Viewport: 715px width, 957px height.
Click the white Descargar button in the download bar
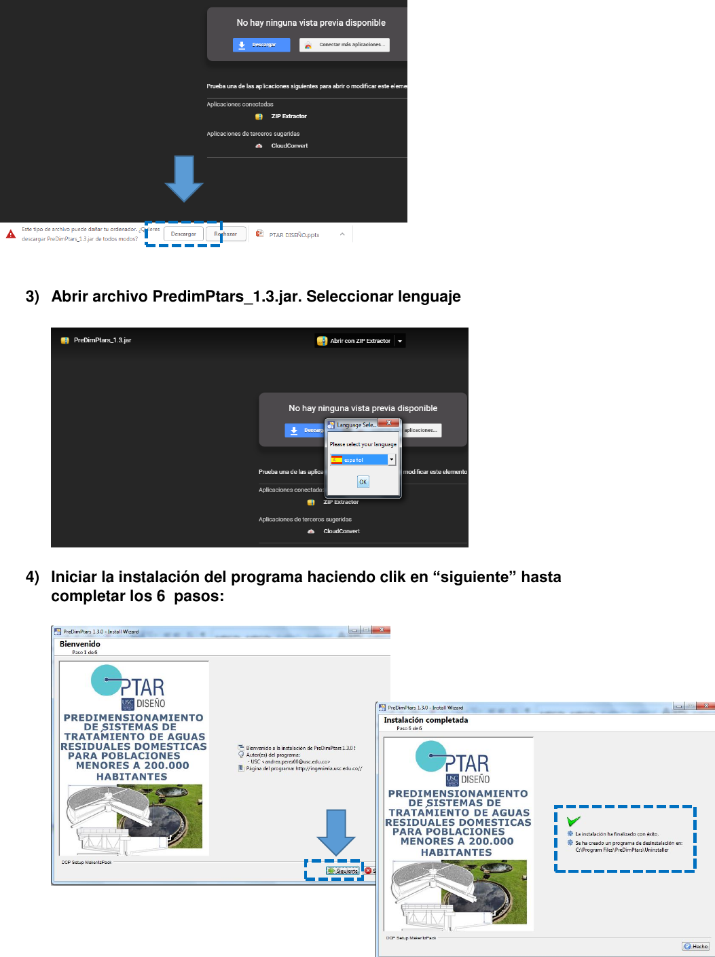[x=183, y=234]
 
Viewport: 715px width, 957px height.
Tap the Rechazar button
[x=225, y=234]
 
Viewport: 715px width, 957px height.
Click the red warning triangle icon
[x=11, y=234]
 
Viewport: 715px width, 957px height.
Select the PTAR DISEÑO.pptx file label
[x=293, y=235]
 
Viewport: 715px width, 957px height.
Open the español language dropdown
[x=391, y=460]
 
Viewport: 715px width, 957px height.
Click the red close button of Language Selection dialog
[x=388, y=423]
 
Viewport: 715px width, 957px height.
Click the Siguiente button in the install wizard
[x=343, y=871]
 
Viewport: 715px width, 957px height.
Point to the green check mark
[x=573, y=821]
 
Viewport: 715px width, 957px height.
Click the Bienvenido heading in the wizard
[x=79, y=644]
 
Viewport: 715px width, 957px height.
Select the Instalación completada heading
[x=426, y=720]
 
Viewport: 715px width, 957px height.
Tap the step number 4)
[x=33, y=577]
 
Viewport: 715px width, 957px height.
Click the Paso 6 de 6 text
[x=409, y=729]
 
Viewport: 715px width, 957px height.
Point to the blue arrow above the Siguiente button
[x=336, y=832]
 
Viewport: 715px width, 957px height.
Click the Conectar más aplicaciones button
[x=344, y=45]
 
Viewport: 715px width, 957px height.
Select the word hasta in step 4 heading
[x=541, y=577]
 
